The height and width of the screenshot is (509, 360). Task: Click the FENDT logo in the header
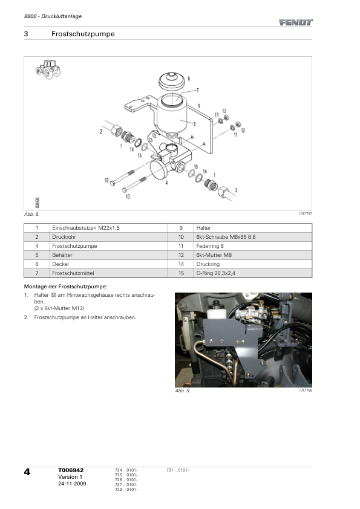click(x=295, y=22)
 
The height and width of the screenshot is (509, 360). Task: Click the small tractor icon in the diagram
click(x=48, y=69)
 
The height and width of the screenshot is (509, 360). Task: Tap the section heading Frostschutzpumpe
click(x=83, y=34)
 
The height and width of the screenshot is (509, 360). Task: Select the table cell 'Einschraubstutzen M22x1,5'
click(x=86, y=228)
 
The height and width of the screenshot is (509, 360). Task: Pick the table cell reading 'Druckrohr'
click(x=64, y=237)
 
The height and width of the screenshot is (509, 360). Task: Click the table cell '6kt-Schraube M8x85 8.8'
click(x=226, y=237)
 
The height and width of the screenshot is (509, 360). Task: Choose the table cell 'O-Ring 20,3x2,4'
click(x=216, y=273)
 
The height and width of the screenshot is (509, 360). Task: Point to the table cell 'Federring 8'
click(x=210, y=246)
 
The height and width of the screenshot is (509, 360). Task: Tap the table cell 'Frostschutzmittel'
click(x=73, y=273)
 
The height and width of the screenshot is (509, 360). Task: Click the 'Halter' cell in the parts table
click(x=203, y=228)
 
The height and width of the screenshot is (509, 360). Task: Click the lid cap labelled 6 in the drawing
click(x=172, y=81)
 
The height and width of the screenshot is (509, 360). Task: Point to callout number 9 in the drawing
click(x=199, y=106)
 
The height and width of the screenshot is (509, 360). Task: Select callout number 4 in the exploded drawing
click(x=166, y=183)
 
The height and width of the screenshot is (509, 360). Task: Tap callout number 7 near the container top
click(x=197, y=90)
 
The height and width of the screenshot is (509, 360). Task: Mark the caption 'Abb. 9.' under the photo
click(x=183, y=391)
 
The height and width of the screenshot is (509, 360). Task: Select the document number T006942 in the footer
click(x=71, y=470)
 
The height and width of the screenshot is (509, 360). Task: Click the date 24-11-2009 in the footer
click(x=72, y=484)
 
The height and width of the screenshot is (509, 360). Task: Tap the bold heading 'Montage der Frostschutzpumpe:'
click(x=65, y=287)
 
